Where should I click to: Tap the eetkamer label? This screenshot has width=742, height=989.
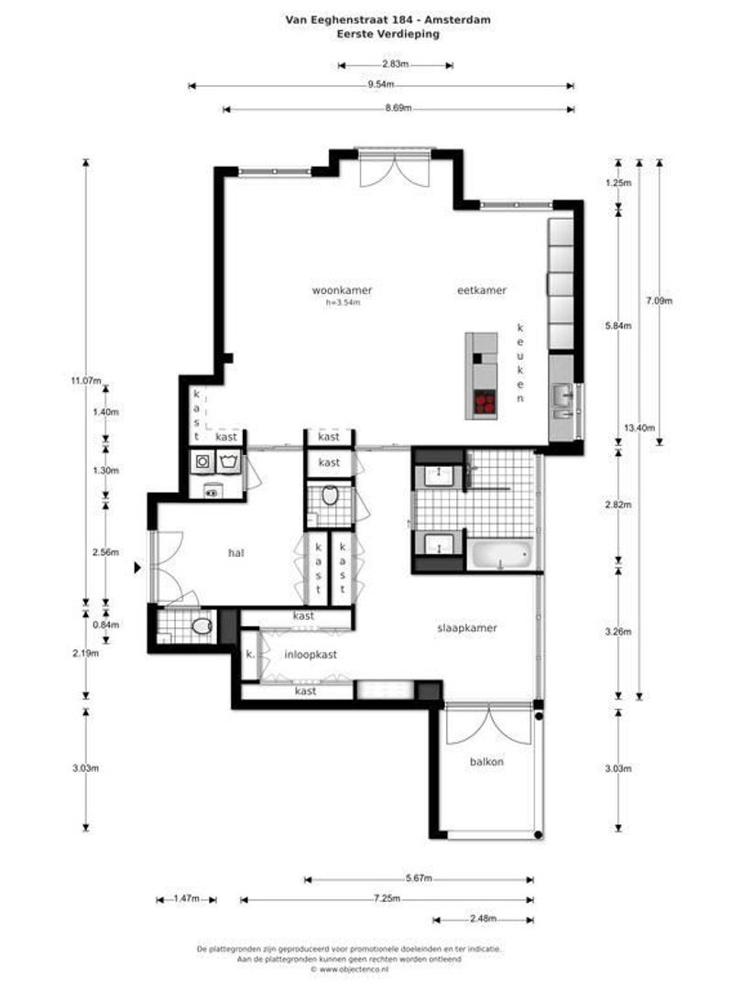click(x=482, y=290)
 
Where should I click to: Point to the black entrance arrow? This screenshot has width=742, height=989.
click(x=138, y=568)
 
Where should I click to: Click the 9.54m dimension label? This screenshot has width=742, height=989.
click(x=381, y=85)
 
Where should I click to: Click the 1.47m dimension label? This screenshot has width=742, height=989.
click(x=186, y=899)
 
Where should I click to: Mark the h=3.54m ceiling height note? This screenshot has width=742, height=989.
click(x=343, y=302)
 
